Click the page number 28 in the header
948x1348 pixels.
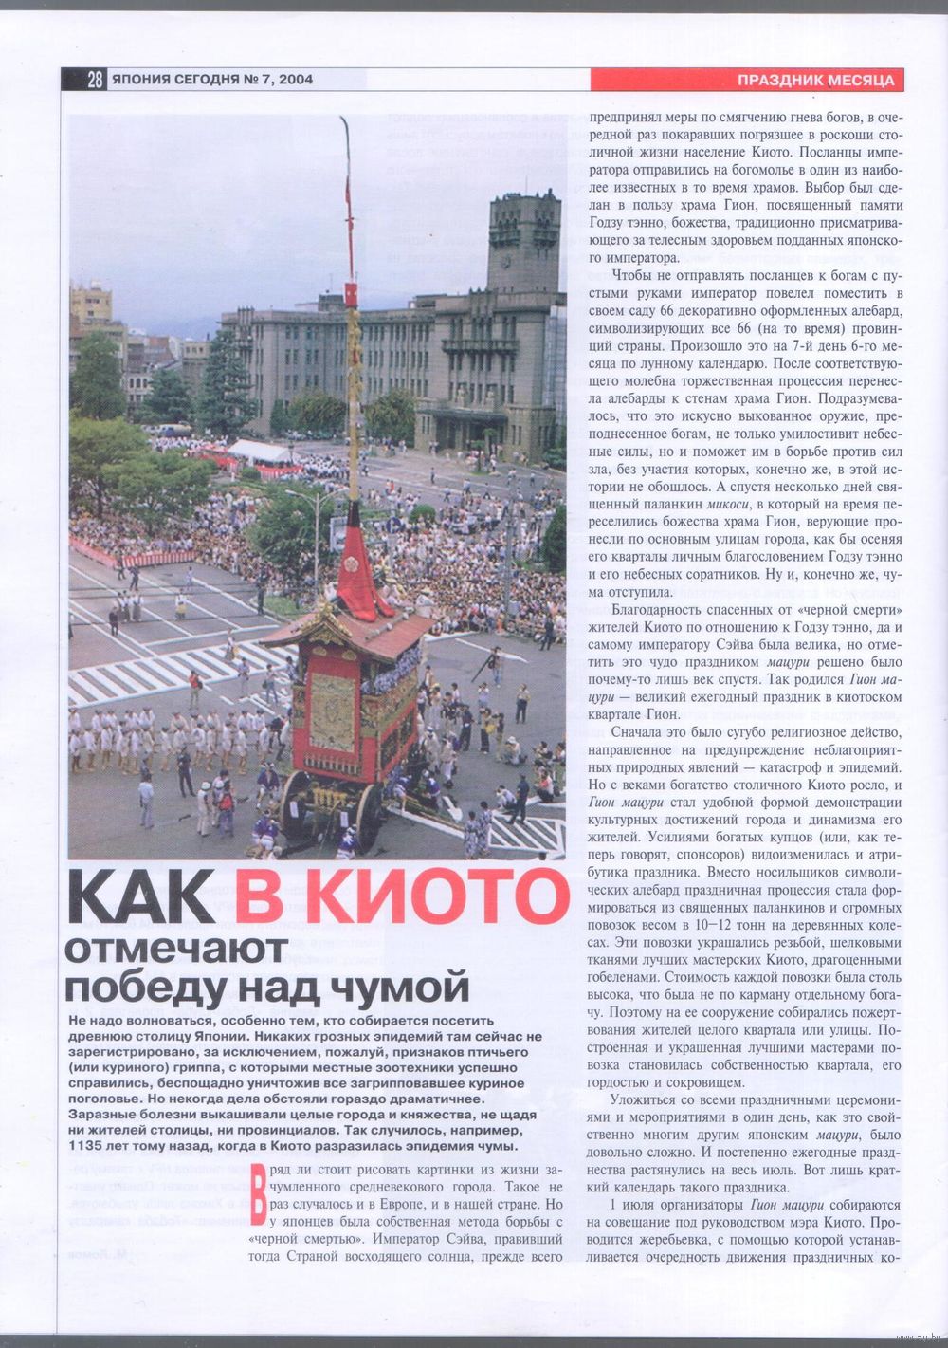[94, 81]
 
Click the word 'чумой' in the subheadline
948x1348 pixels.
[413, 987]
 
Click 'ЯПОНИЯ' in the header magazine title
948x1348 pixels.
[141, 81]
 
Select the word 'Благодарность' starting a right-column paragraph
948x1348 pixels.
[660, 609]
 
